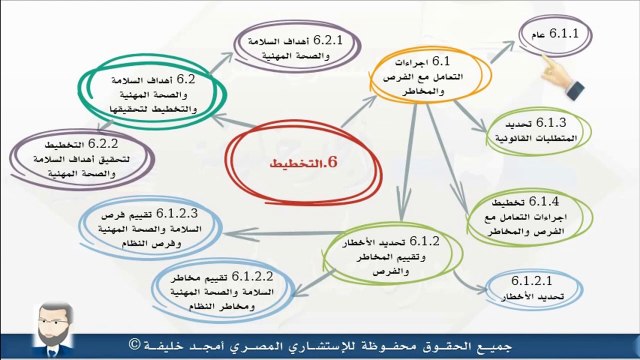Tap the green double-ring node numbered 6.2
148,93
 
